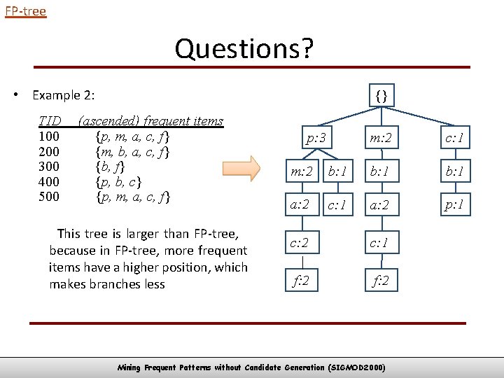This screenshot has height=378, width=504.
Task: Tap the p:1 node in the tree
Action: [453, 206]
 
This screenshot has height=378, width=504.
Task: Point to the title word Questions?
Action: [244, 49]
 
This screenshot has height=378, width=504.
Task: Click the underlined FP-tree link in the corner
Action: [25, 11]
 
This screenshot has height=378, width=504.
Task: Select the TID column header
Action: [50, 120]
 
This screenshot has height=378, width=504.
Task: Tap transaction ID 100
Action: [49, 136]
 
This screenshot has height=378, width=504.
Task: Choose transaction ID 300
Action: [49, 167]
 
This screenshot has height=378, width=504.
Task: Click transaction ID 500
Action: [49, 197]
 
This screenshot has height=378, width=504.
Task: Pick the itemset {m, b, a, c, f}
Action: [133, 151]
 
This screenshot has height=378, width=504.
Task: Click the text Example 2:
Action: [64, 95]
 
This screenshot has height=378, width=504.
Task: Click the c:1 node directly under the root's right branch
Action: [453, 138]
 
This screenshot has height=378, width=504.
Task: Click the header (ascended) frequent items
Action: [151, 120]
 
